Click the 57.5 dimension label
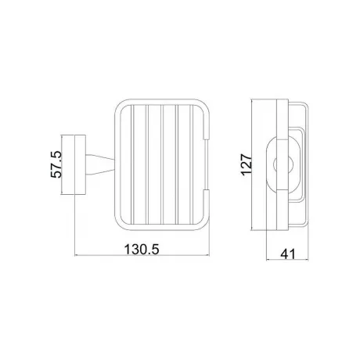coord(56,164)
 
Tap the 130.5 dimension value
coord(142,249)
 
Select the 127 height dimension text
coord(247,165)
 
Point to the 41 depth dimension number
coord(288,254)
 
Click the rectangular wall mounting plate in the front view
coord(81,164)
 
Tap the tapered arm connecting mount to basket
coord(100,164)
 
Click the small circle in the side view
coord(283,165)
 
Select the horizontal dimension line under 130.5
coord(142,256)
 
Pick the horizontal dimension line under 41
coord(287,260)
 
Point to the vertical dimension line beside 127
coord(251,165)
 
